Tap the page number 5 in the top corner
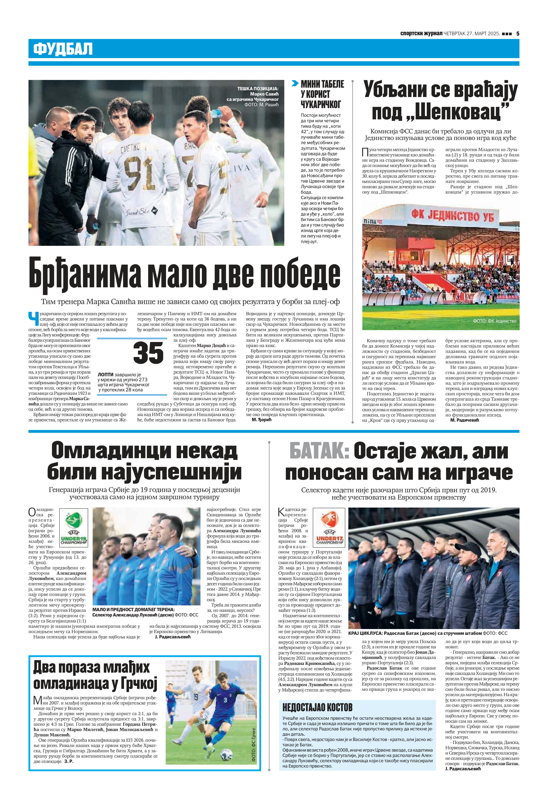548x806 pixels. click(x=517, y=34)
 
